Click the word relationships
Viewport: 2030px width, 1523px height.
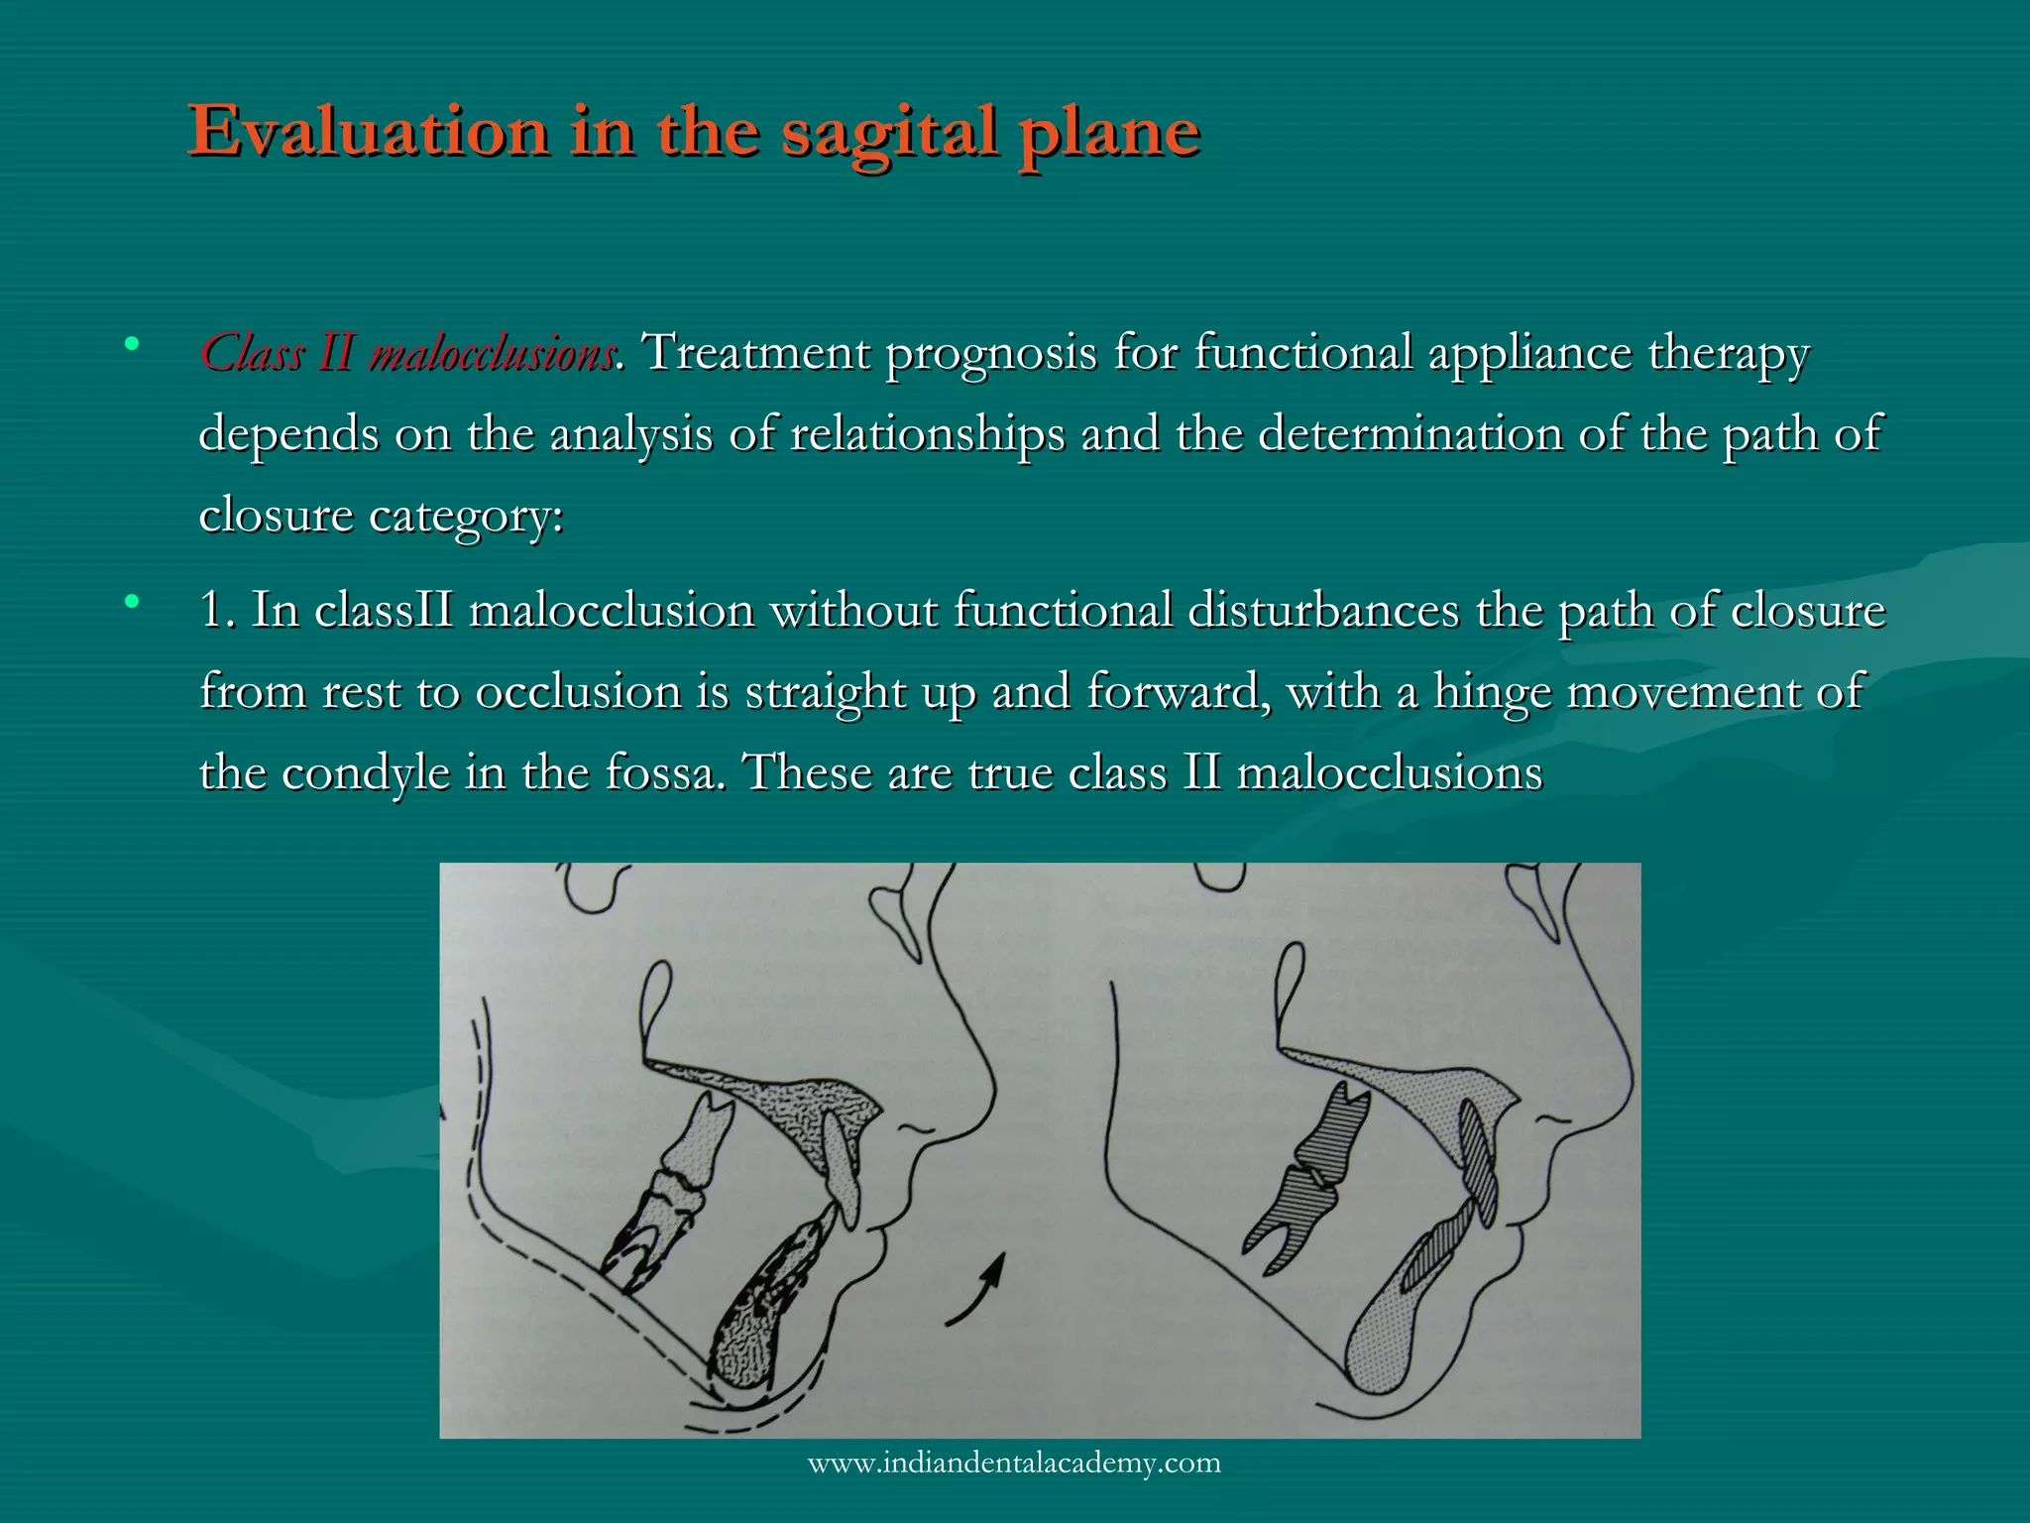(x=926, y=435)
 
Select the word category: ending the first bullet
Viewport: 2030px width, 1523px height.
(x=465, y=517)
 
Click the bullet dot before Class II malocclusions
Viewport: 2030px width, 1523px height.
(x=131, y=345)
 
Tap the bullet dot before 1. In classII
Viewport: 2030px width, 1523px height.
(x=131, y=601)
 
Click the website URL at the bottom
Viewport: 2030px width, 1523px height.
(x=1014, y=1463)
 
